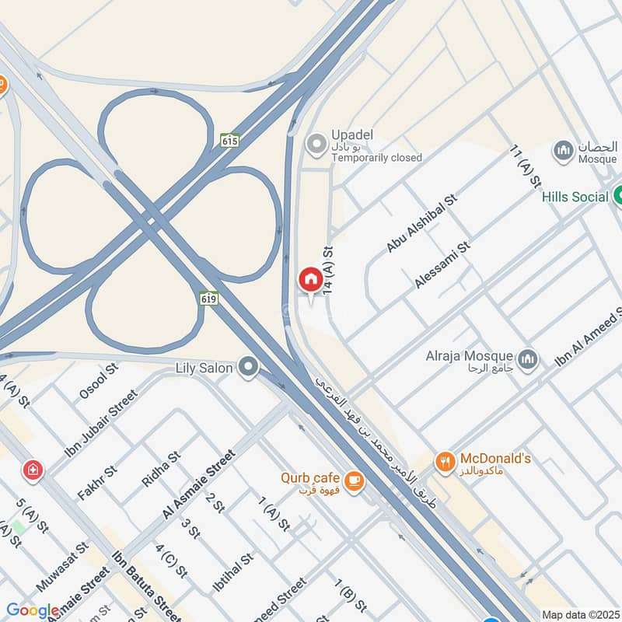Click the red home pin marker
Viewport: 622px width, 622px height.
click(309, 278)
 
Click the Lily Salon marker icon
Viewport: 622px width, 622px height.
click(249, 366)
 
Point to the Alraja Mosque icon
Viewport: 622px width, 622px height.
click(529, 360)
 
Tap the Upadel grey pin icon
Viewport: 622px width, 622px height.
click(316, 144)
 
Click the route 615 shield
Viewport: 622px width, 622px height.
click(229, 141)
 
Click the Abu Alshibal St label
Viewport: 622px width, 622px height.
click(423, 222)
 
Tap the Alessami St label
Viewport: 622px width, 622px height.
click(443, 264)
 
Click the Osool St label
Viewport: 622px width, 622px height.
click(98, 380)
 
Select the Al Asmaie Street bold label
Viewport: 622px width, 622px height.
click(198, 484)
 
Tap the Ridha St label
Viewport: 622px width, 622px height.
click(161, 470)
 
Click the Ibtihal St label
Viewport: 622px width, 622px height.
click(233, 572)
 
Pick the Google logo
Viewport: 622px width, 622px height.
click(33, 611)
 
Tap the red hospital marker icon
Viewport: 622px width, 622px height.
click(33, 469)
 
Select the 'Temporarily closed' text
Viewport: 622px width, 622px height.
click(376, 158)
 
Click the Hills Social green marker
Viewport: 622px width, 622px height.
click(620, 196)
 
